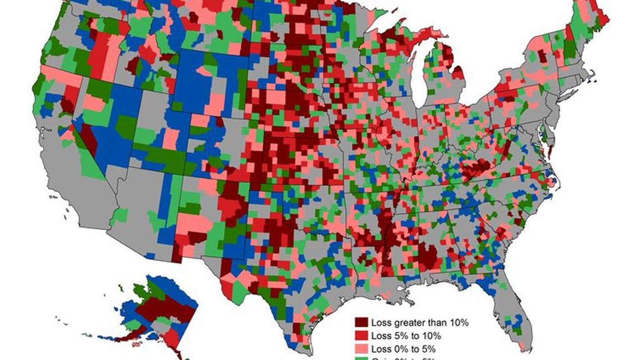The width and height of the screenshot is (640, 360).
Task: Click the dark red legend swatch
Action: point(361,323)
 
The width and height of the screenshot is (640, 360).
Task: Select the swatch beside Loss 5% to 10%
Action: point(361,336)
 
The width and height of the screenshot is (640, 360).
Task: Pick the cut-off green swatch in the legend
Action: point(361,358)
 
